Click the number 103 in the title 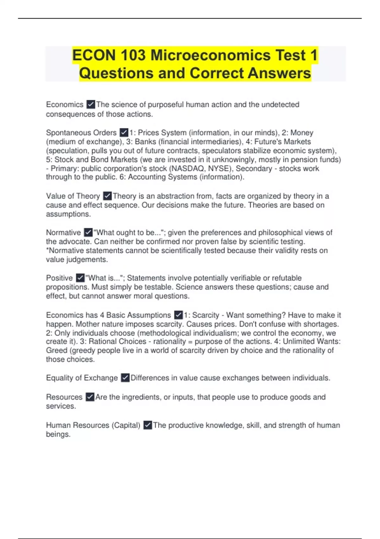click(x=132, y=55)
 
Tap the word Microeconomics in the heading click(x=211, y=55)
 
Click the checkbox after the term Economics click(x=91, y=104)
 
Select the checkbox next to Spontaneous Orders click(x=124, y=132)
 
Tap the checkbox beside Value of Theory click(x=107, y=196)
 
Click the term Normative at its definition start click(x=63, y=232)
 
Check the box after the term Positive click(x=80, y=278)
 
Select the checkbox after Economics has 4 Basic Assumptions click(x=178, y=315)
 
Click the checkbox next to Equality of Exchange click(x=125, y=378)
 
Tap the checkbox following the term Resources click(x=90, y=397)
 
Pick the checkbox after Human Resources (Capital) click(x=148, y=425)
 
